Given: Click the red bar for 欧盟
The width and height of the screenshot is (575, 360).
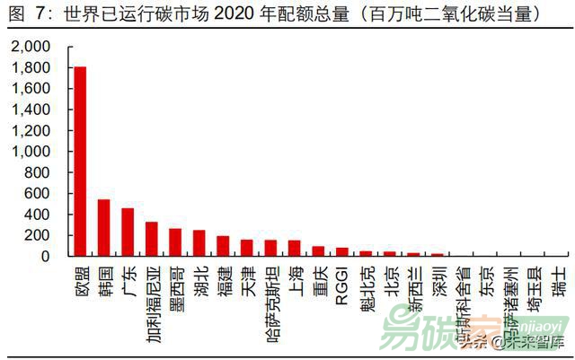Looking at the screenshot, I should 80,162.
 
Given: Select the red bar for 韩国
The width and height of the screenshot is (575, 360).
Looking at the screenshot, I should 103,228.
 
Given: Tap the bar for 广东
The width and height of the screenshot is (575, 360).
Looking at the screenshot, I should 128,233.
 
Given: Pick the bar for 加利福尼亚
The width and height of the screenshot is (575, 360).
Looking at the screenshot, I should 151,240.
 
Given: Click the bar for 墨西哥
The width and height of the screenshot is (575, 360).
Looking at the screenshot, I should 175,242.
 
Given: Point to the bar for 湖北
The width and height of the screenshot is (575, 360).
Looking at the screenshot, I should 199,243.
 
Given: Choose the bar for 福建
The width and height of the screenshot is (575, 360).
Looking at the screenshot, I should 223,247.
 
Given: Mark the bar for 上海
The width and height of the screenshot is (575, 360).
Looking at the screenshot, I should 294,249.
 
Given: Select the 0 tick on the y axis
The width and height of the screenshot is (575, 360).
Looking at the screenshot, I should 50,257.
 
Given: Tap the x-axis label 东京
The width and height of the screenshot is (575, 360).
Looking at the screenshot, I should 485,280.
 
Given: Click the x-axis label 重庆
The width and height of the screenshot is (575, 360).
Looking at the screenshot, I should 318,280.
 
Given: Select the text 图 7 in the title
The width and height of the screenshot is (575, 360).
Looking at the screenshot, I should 22,13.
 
